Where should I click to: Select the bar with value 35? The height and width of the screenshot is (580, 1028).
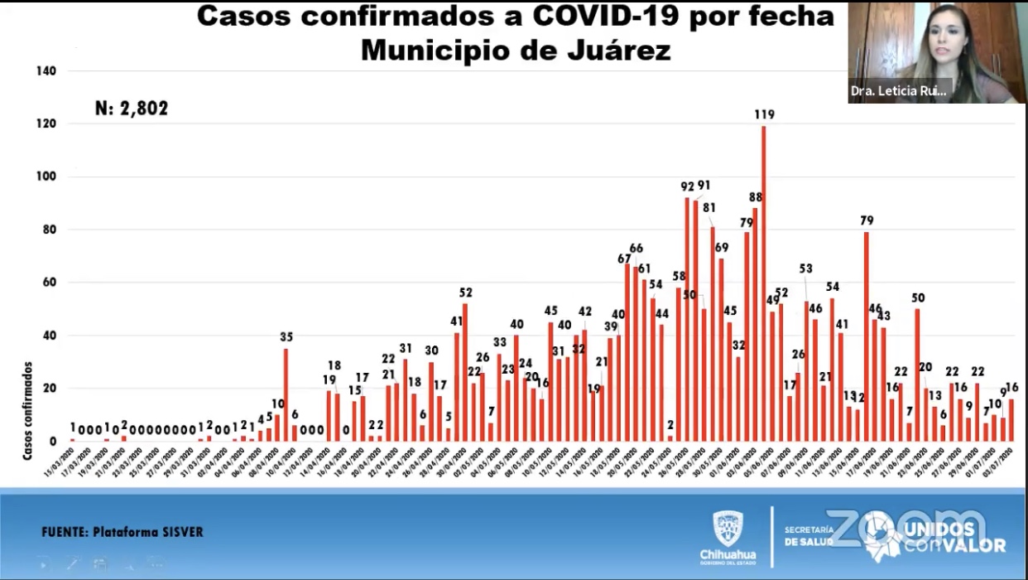point(286,394)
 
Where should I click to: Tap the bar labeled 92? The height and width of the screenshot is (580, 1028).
point(688,319)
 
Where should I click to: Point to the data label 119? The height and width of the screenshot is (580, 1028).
point(764,114)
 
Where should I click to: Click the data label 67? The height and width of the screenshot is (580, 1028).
point(625,259)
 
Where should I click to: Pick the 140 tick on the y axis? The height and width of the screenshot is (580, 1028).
point(46,71)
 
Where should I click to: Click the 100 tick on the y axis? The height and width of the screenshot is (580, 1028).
point(46,176)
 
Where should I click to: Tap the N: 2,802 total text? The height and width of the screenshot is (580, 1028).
point(132,108)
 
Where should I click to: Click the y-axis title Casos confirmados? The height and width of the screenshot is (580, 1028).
point(27,410)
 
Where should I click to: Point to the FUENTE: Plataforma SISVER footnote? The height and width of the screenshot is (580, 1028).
point(122,532)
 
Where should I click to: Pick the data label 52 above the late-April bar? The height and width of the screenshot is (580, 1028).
point(465,292)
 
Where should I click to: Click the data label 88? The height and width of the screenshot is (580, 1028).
point(755,196)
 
